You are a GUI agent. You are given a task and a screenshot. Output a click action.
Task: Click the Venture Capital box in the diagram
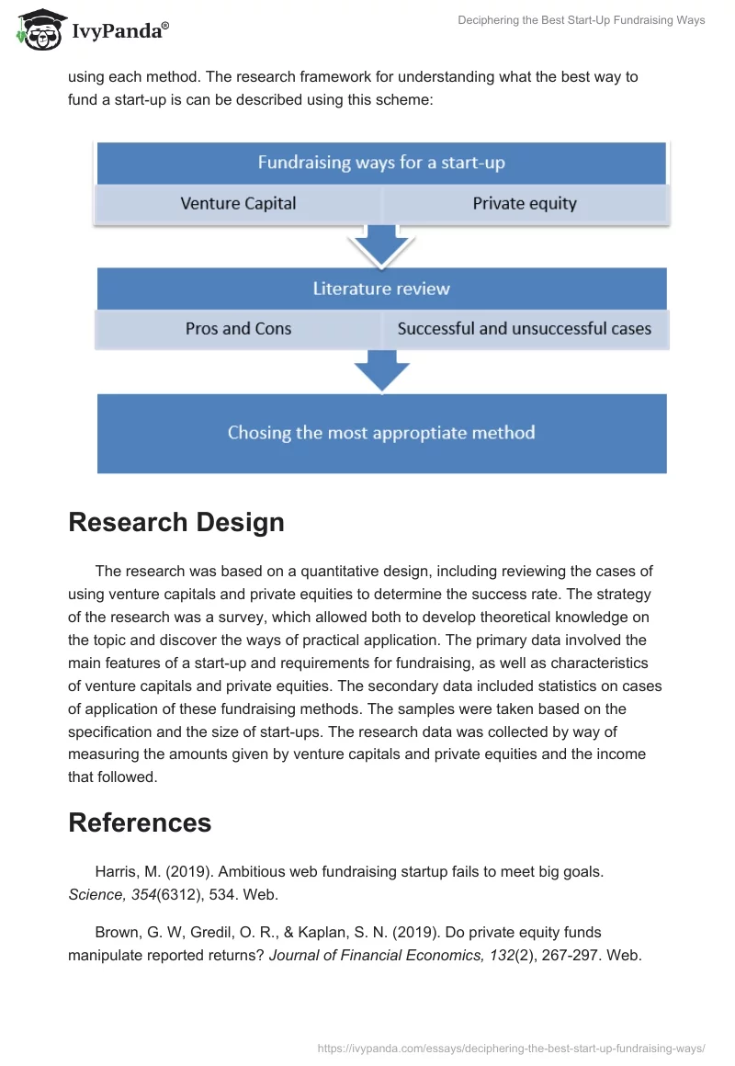coord(238,204)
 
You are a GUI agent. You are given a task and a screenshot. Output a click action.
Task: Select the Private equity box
coord(525,204)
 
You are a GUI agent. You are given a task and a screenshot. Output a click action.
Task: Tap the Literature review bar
coord(381,289)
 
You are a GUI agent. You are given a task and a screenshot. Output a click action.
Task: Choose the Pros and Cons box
coord(238,329)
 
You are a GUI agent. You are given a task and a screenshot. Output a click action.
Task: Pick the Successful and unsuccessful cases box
coord(525,329)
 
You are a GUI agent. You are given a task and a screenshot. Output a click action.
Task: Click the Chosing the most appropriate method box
coord(381,433)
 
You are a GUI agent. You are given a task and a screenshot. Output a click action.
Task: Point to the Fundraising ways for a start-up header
coord(381,164)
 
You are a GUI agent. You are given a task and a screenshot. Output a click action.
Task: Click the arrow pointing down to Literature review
coord(381,246)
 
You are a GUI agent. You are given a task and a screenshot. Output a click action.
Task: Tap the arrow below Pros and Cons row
coord(381,369)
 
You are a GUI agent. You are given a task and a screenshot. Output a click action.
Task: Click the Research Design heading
coord(176,522)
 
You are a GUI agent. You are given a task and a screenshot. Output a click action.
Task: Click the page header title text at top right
coord(581,20)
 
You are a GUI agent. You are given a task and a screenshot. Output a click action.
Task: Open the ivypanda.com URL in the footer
coord(511,1047)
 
